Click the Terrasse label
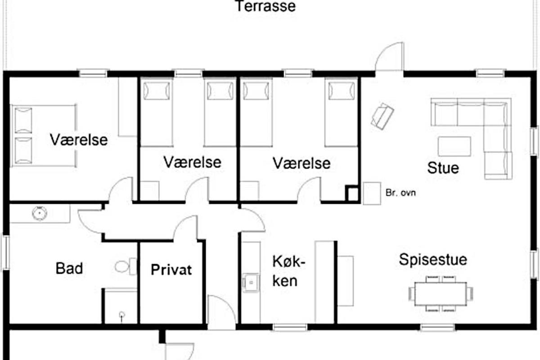(265, 6)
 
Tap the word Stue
(443, 168)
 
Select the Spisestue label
(433, 260)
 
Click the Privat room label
(171, 270)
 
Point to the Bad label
(69, 268)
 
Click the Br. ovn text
(400, 193)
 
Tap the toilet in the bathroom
(126, 267)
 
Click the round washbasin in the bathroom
(40, 213)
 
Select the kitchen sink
(251, 282)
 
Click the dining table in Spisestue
(441, 294)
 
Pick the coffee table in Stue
(454, 146)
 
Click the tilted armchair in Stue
(382, 116)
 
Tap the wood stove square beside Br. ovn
(372, 193)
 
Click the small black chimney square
(353, 193)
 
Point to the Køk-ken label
(288, 271)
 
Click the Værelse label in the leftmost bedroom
(79, 140)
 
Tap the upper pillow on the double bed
(23, 120)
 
